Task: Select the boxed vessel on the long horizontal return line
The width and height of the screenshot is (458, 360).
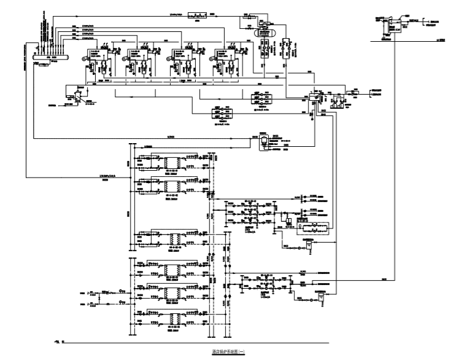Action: (263, 141)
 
